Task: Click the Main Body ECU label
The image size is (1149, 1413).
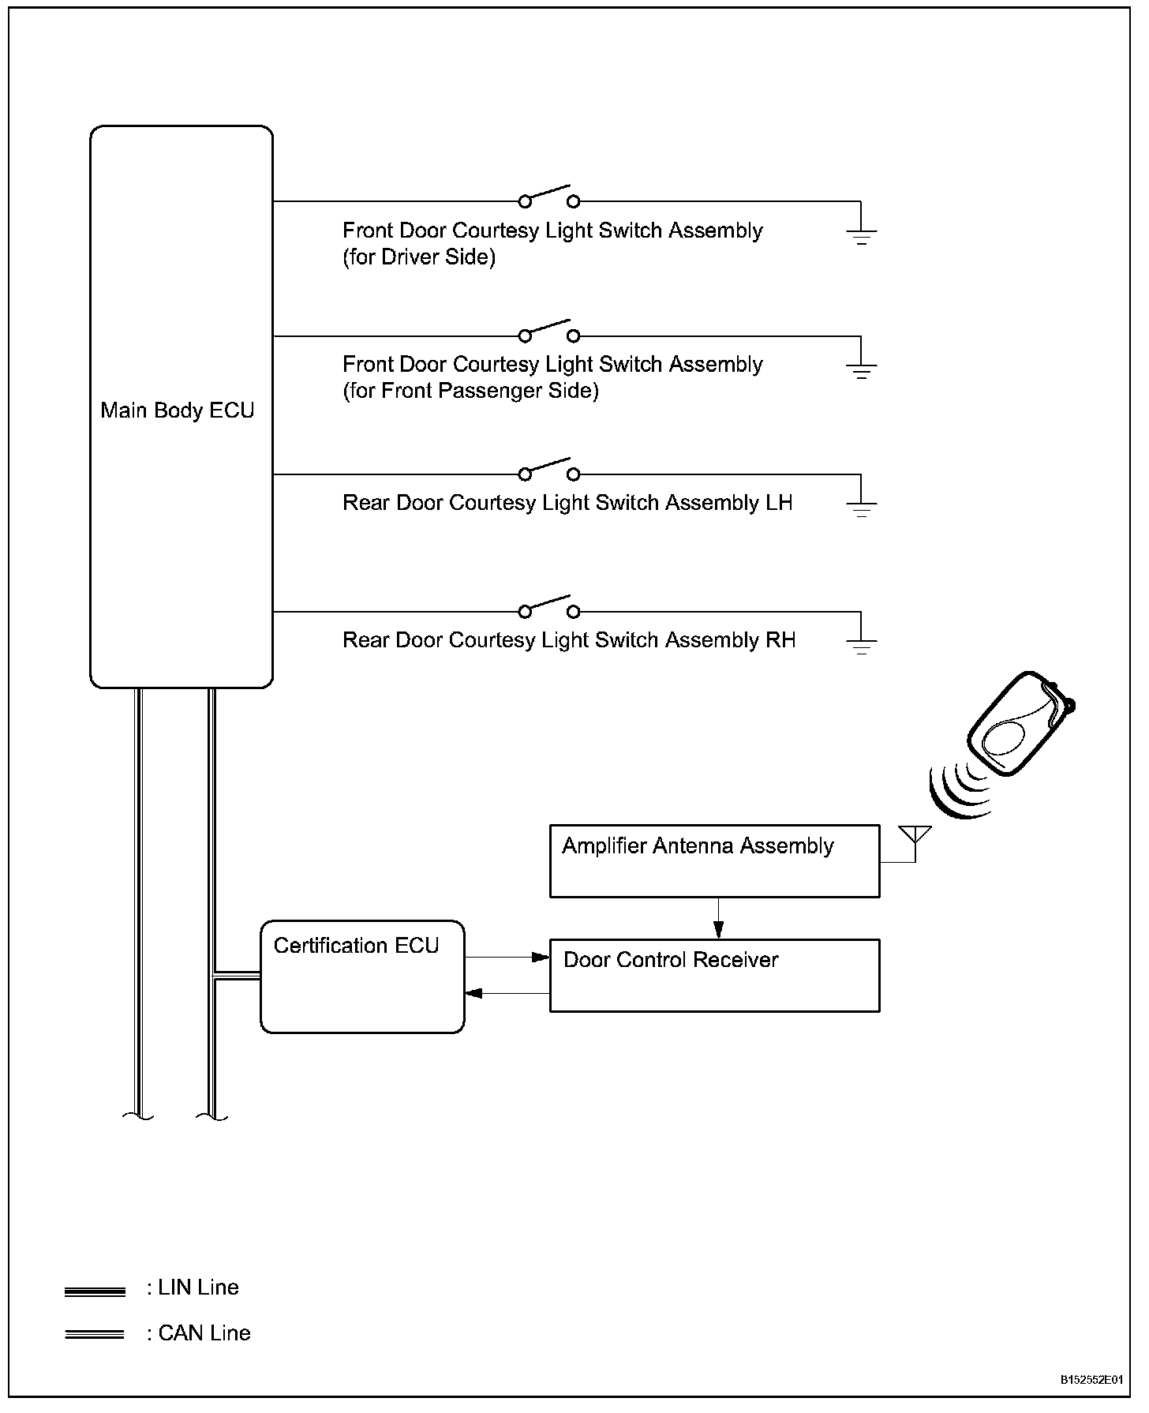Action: (x=178, y=410)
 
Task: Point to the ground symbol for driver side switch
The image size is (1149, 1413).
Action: (x=861, y=235)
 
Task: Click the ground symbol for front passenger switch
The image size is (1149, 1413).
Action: (x=861, y=369)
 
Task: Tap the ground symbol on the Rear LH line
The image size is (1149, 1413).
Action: (x=861, y=508)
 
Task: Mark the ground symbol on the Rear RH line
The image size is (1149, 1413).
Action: (x=861, y=645)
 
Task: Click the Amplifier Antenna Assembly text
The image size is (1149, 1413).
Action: (x=698, y=846)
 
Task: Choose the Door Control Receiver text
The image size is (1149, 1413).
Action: (x=671, y=960)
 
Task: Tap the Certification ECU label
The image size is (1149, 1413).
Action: (x=356, y=946)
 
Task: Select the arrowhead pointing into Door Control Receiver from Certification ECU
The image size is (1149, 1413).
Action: (x=541, y=958)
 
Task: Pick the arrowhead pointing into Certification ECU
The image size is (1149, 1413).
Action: (x=473, y=993)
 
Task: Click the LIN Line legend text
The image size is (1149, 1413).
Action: (x=197, y=1287)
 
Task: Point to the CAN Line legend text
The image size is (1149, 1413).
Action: (x=204, y=1333)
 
